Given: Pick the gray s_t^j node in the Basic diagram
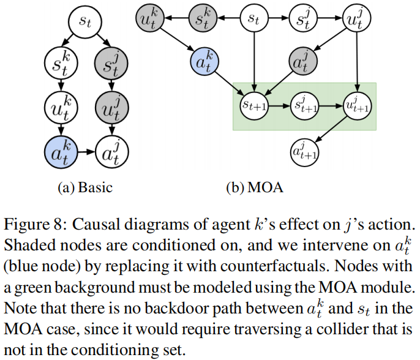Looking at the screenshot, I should click(x=111, y=61).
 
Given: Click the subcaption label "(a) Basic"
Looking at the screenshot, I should click(x=85, y=187).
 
